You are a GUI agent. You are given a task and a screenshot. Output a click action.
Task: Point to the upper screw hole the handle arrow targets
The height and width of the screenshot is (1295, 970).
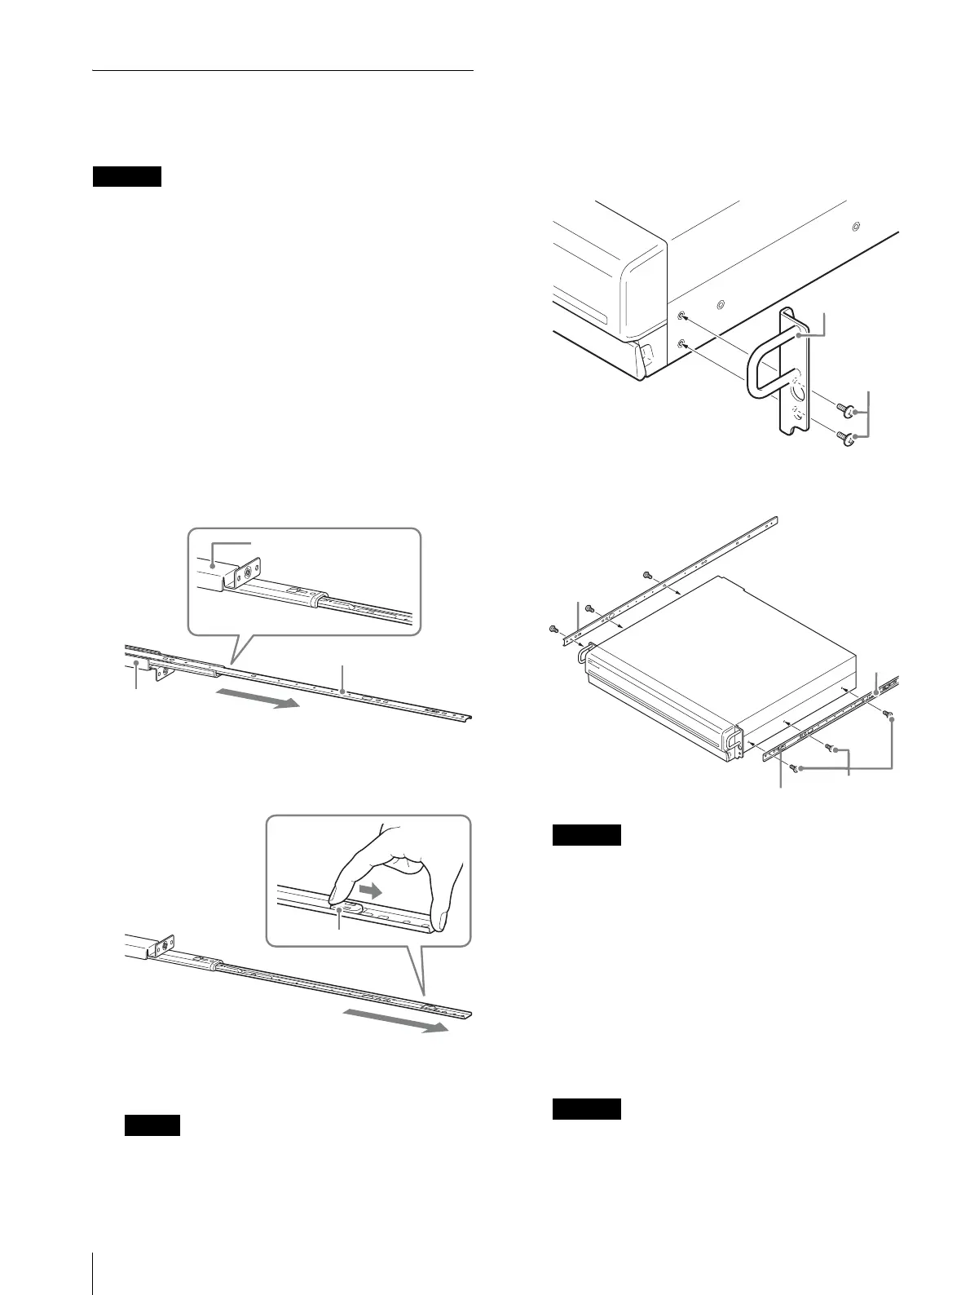[x=682, y=316]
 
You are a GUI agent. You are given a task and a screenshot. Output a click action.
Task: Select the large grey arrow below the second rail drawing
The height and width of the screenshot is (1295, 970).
[x=394, y=1021]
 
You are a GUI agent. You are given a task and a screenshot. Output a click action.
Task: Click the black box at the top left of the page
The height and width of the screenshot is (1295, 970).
[x=126, y=177]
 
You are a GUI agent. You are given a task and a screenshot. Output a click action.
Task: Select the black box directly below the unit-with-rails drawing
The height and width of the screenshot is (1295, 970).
[x=586, y=835]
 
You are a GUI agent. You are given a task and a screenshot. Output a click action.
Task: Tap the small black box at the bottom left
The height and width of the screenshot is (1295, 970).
[x=152, y=1125]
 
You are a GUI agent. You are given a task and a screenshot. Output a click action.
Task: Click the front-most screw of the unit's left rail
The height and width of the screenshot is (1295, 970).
[x=553, y=629]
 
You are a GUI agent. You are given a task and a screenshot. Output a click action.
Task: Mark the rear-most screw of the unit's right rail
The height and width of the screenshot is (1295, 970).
[x=889, y=714]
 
